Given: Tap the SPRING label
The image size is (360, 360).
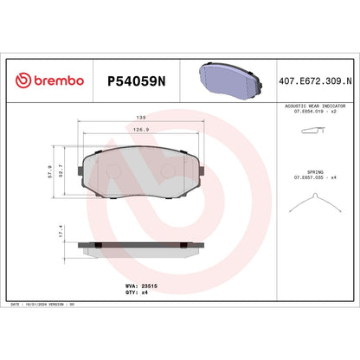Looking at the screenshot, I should click(316, 172).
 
